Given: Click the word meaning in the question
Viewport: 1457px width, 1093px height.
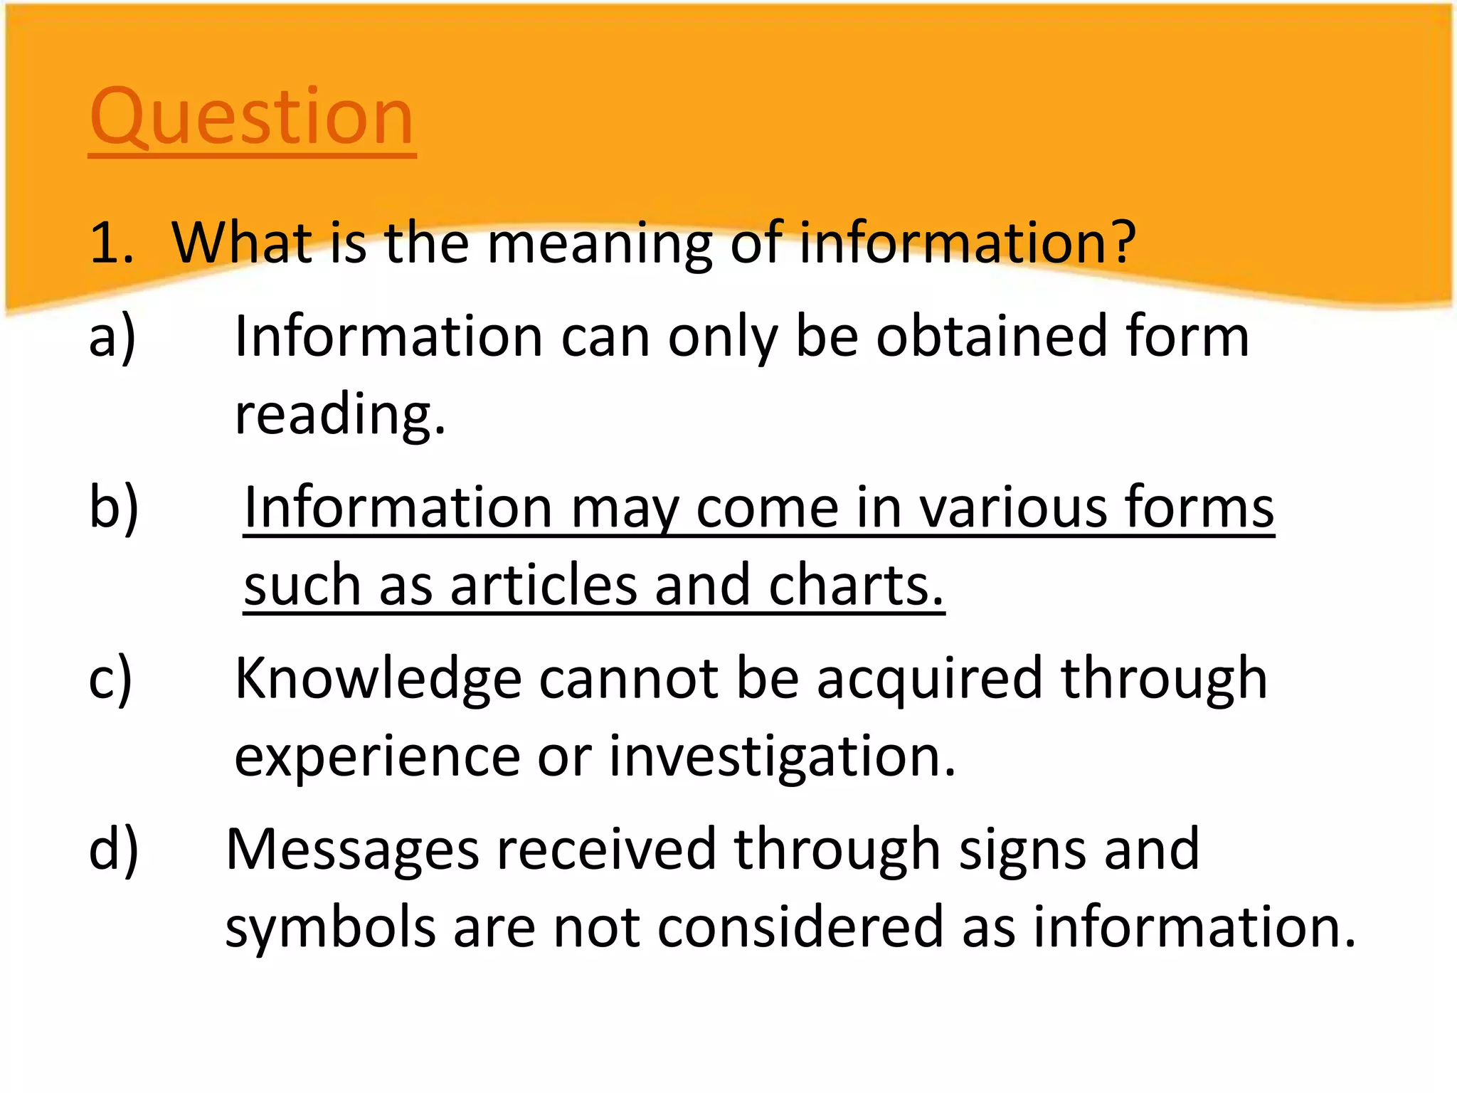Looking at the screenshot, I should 599,243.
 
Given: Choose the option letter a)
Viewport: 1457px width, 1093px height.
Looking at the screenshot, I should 112,337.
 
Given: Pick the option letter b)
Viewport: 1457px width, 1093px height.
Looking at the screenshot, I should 114,507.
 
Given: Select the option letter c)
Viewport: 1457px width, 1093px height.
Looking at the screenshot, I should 111,678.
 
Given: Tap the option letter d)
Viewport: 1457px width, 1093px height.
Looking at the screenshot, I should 114,848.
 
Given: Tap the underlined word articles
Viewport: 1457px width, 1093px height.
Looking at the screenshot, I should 544,585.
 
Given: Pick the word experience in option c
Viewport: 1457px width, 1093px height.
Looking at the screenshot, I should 377,757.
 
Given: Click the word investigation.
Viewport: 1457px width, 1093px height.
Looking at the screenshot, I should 783,757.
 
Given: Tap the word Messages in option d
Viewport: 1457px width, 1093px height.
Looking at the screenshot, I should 352,850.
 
